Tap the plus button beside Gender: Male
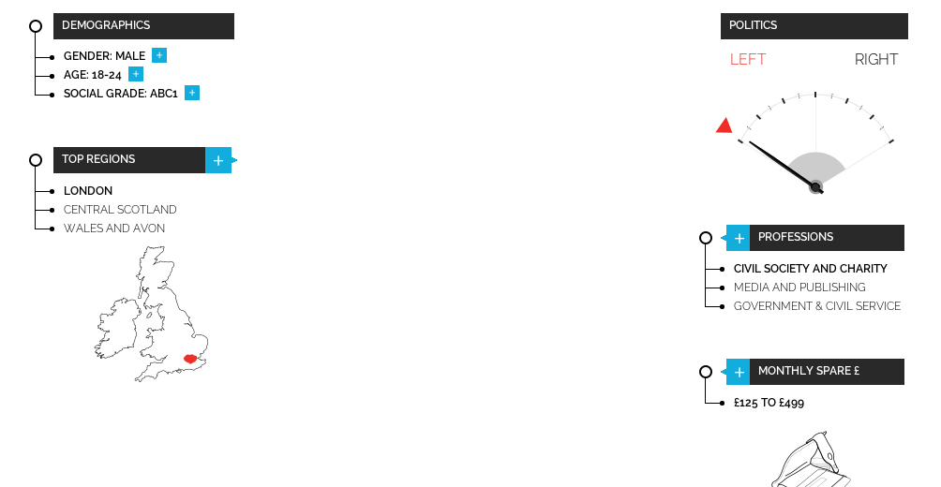(159, 56)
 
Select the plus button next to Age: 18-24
(136, 75)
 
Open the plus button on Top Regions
(218, 161)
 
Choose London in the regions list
(88, 191)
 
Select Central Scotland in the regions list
(120, 210)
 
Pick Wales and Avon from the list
(114, 229)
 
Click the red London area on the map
(190, 359)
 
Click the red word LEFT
(748, 60)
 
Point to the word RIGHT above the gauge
(876, 60)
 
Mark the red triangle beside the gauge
(724, 125)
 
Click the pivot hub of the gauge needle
(815, 187)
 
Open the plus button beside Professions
(739, 239)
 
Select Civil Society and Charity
(811, 269)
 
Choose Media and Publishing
(799, 288)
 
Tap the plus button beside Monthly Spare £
(739, 373)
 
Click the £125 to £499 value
(769, 403)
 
